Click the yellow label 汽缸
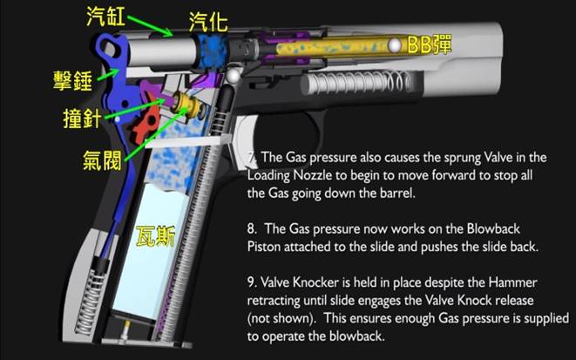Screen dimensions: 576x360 coord(105,17)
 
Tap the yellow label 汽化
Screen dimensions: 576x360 coord(208,22)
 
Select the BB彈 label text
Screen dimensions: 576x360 coord(429,44)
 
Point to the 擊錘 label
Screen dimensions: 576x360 coord(72,81)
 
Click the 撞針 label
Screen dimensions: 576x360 coord(82,119)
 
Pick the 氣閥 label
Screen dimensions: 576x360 coord(102,160)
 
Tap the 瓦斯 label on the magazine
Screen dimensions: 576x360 coord(155,236)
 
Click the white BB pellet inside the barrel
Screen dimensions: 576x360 coord(395,45)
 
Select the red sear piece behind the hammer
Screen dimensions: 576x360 coord(146,122)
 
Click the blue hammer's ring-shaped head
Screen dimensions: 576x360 coord(111,47)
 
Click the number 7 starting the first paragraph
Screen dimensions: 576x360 coord(251,158)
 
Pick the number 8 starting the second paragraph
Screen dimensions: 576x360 coord(251,229)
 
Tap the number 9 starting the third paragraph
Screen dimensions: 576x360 coord(251,282)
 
